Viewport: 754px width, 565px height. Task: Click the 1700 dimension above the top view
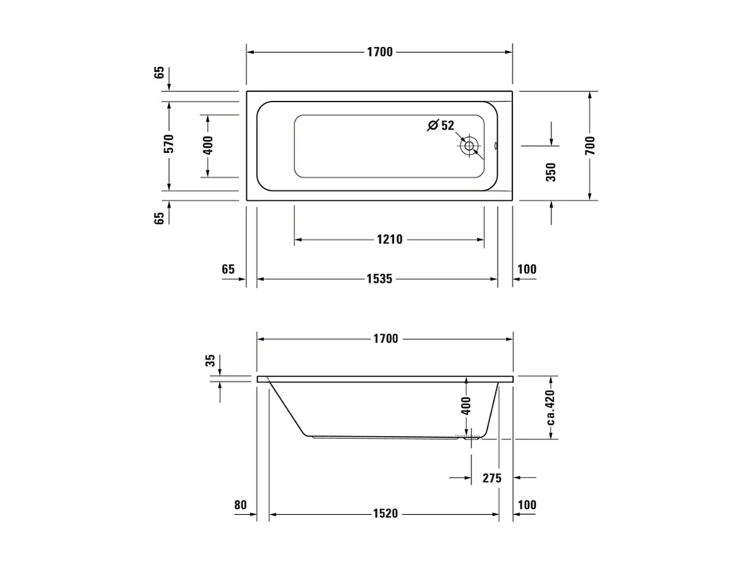(x=379, y=52)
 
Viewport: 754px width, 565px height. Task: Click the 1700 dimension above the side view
(x=385, y=338)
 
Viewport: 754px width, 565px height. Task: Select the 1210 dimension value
(x=389, y=240)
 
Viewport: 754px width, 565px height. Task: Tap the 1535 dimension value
(x=379, y=279)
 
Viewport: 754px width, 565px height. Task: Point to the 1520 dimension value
(x=385, y=514)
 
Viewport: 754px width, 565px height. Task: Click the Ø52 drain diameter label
(x=441, y=126)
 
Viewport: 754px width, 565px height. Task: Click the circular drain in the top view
(x=468, y=146)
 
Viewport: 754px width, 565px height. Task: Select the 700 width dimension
(x=590, y=145)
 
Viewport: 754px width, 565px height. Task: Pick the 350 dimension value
(x=551, y=172)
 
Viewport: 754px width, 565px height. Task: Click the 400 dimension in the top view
(x=208, y=146)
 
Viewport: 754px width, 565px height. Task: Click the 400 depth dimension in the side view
(x=466, y=407)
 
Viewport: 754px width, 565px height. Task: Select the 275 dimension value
(x=492, y=478)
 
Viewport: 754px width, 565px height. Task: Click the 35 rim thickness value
(x=210, y=361)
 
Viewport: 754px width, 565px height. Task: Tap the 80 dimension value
(x=240, y=504)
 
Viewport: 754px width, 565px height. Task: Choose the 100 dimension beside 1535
(x=527, y=269)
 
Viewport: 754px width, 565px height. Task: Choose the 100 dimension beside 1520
(x=527, y=504)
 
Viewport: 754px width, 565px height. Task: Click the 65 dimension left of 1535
(x=228, y=269)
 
